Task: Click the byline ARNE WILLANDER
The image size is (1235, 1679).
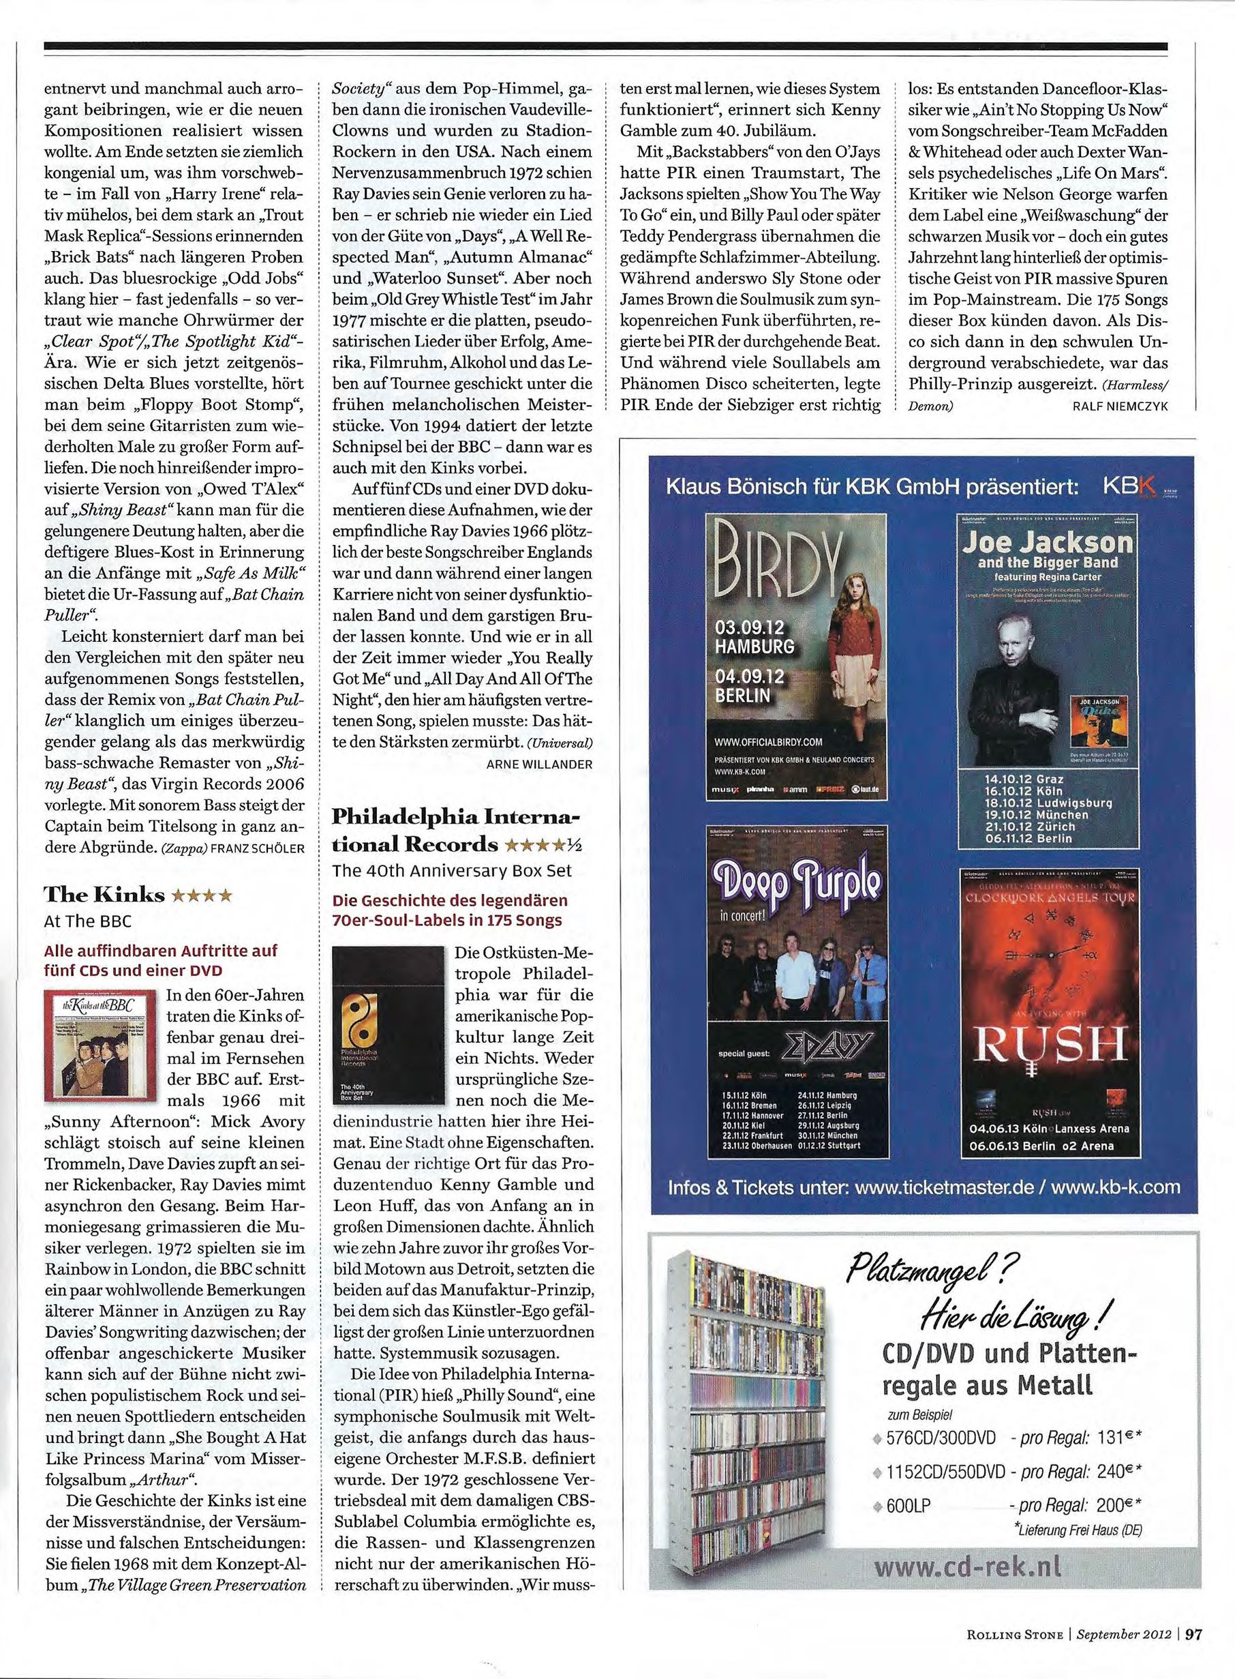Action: click(539, 764)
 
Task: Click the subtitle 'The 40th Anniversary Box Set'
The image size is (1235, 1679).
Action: click(453, 871)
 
